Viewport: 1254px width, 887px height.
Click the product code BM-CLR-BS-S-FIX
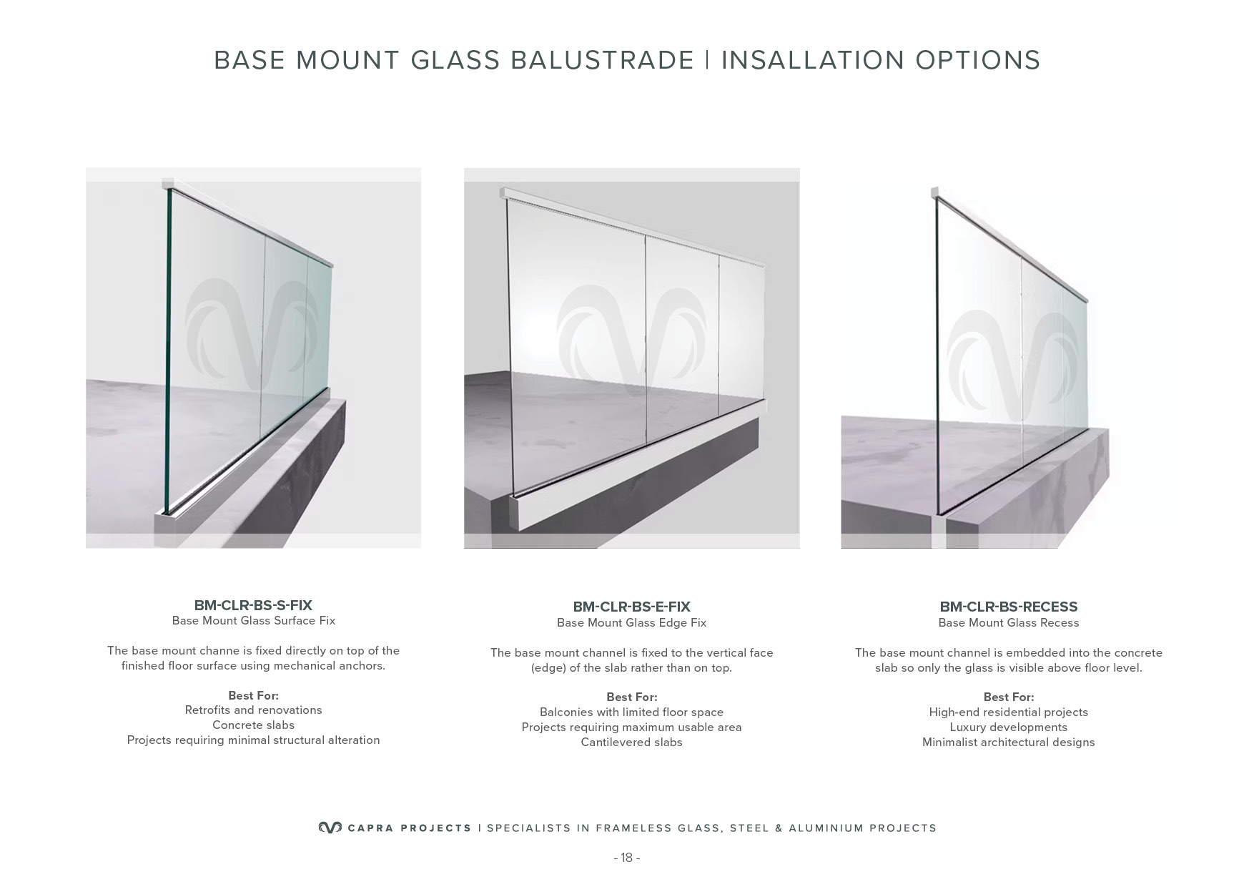pos(253,605)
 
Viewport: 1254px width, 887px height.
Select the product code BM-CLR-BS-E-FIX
pos(631,607)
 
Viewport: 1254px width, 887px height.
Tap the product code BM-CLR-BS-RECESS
pos(1008,607)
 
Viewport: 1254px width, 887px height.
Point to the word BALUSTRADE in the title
pos(603,60)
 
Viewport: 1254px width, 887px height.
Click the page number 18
pos(627,858)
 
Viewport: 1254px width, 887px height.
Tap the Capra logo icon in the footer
pos(330,828)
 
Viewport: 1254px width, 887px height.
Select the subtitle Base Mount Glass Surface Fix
pos(253,621)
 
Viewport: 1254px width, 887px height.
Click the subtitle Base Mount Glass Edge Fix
pos(631,623)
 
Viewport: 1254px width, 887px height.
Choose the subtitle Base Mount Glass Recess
pos(1008,623)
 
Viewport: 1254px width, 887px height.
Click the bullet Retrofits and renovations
pos(253,710)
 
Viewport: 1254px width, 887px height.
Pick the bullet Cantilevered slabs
pos(631,743)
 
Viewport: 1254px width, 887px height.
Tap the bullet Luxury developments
pos(1008,727)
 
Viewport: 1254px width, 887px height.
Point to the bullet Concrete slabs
pos(253,725)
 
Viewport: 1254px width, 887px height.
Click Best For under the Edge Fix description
pos(631,697)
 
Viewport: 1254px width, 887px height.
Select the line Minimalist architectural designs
pos(1008,743)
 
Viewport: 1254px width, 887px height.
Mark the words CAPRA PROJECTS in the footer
pos(409,828)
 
